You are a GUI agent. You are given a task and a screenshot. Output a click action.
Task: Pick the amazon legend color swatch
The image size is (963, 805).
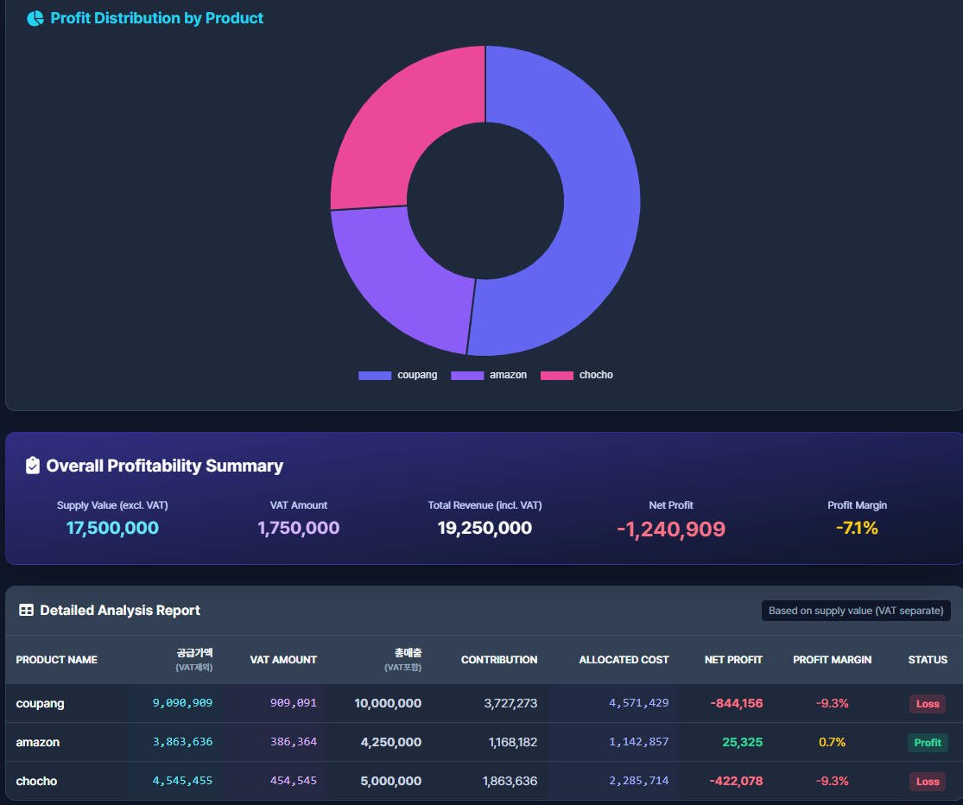tap(467, 375)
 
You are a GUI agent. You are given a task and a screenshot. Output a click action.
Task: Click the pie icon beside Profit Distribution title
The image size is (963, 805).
tap(35, 18)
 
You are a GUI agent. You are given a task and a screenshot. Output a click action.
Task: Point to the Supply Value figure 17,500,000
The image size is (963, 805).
tap(112, 528)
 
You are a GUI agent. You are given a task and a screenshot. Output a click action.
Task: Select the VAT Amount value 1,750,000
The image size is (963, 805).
tap(298, 528)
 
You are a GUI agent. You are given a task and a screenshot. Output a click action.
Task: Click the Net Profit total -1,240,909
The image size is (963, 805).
tap(671, 529)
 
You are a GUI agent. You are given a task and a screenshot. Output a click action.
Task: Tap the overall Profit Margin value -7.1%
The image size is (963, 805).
tap(857, 528)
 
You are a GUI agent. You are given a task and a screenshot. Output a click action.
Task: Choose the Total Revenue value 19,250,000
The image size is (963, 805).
tap(485, 528)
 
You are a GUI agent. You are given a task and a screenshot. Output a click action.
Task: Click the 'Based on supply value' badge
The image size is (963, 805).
tap(855, 611)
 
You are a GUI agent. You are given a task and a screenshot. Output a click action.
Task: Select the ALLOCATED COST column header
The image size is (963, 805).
tap(624, 660)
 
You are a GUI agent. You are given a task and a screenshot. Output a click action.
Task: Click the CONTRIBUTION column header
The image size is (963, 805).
tap(498, 660)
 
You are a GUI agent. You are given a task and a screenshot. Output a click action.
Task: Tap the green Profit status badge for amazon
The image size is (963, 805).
tap(928, 743)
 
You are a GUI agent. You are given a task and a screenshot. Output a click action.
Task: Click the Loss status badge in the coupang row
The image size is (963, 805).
tap(928, 704)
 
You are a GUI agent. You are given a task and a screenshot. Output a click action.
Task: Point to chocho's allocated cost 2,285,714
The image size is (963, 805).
tap(638, 781)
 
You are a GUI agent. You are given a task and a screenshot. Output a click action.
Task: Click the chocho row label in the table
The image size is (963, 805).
tap(36, 781)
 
